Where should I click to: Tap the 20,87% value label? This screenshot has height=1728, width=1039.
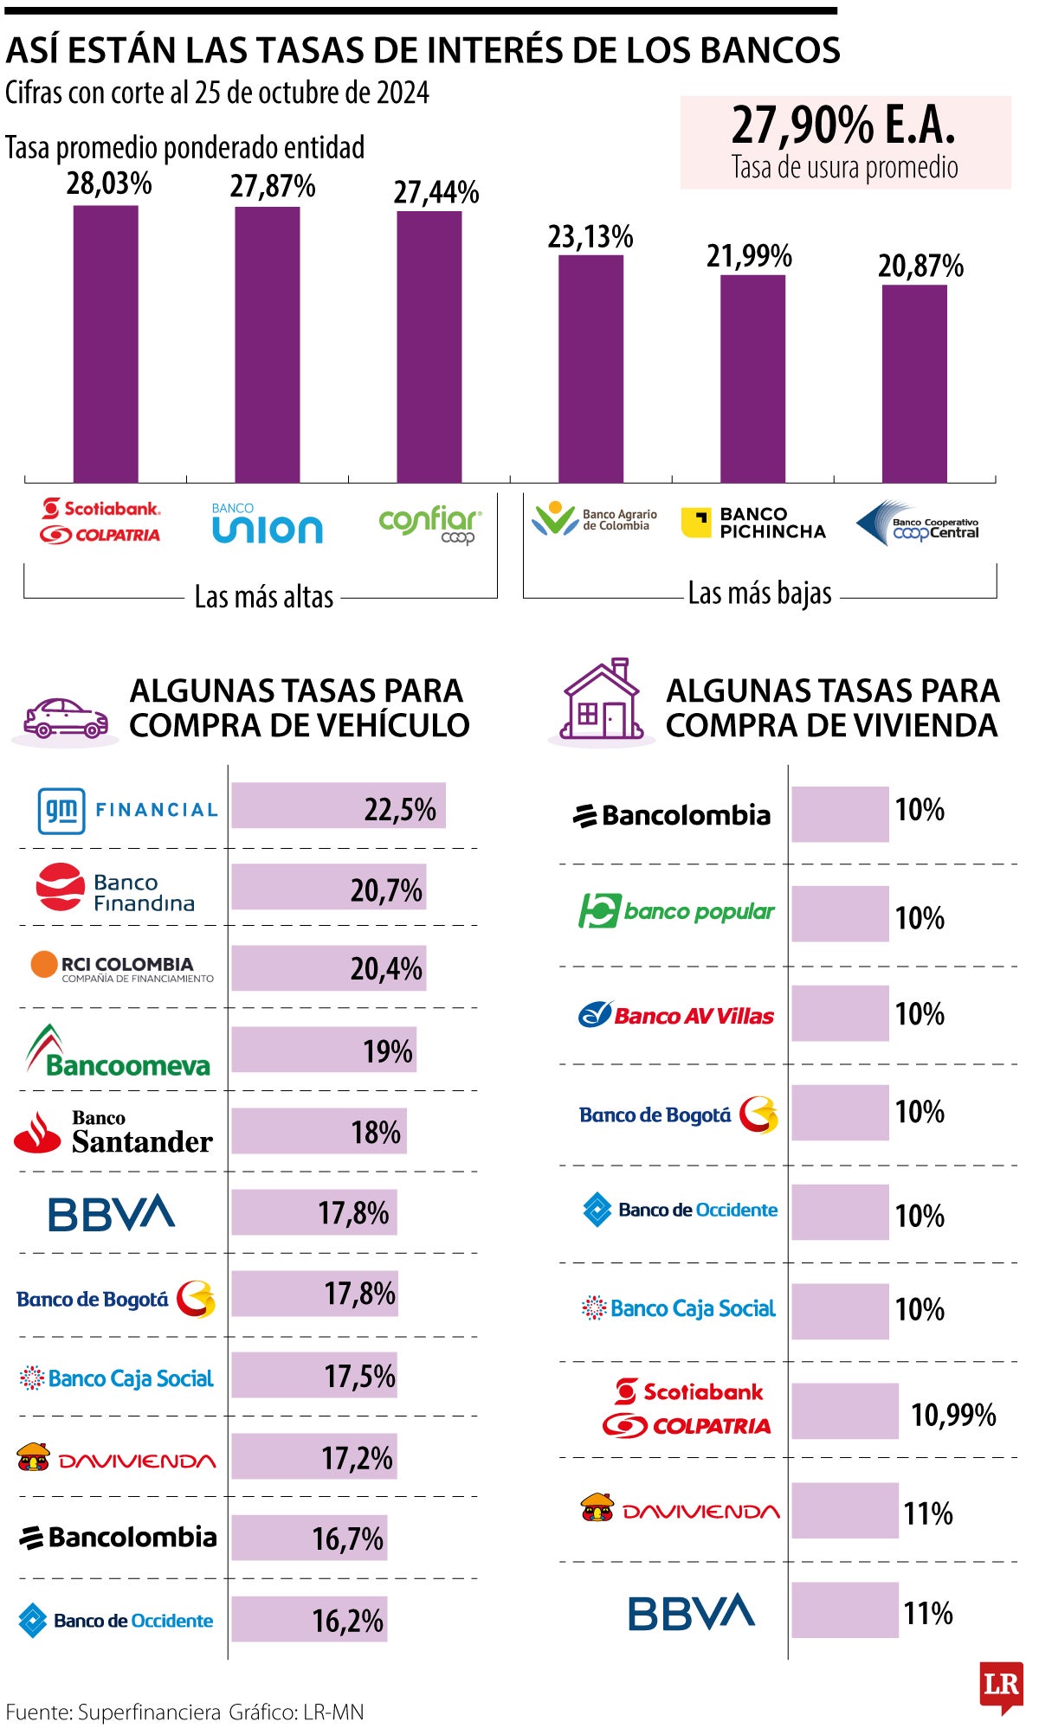click(920, 266)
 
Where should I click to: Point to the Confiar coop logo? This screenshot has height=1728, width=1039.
click(430, 524)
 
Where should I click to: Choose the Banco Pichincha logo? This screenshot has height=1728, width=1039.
click(753, 523)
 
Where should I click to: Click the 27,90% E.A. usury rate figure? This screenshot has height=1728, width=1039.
click(843, 125)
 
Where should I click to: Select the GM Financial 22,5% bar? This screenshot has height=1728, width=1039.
click(338, 806)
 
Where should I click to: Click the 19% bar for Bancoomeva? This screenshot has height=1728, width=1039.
click(323, 1050)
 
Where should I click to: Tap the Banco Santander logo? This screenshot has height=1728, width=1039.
click(113, 1133)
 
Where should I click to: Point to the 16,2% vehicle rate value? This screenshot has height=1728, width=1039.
click(347, 1620)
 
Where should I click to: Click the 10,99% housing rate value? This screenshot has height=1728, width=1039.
click(952, 1415)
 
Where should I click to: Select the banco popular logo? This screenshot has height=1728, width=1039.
click(676, 911)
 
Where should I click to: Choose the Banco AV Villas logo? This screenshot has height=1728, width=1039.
click(676, 1014)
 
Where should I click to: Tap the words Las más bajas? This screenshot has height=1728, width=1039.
click(759, 594)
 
